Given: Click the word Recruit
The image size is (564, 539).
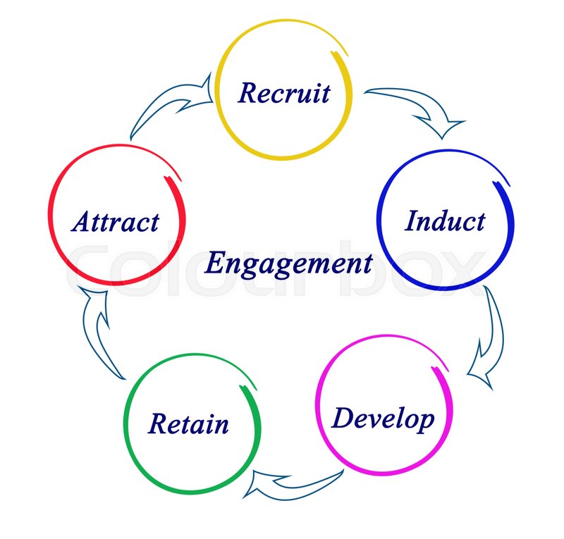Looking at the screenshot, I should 284,92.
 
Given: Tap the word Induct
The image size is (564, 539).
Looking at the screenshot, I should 445,221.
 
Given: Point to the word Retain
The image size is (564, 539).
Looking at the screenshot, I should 188,424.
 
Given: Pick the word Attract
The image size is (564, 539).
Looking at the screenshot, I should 116,222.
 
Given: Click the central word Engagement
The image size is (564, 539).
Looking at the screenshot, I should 288,264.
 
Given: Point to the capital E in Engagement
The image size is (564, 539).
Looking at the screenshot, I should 215,264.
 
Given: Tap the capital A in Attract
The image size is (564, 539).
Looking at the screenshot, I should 81,222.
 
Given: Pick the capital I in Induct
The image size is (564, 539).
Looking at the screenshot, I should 413,221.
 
